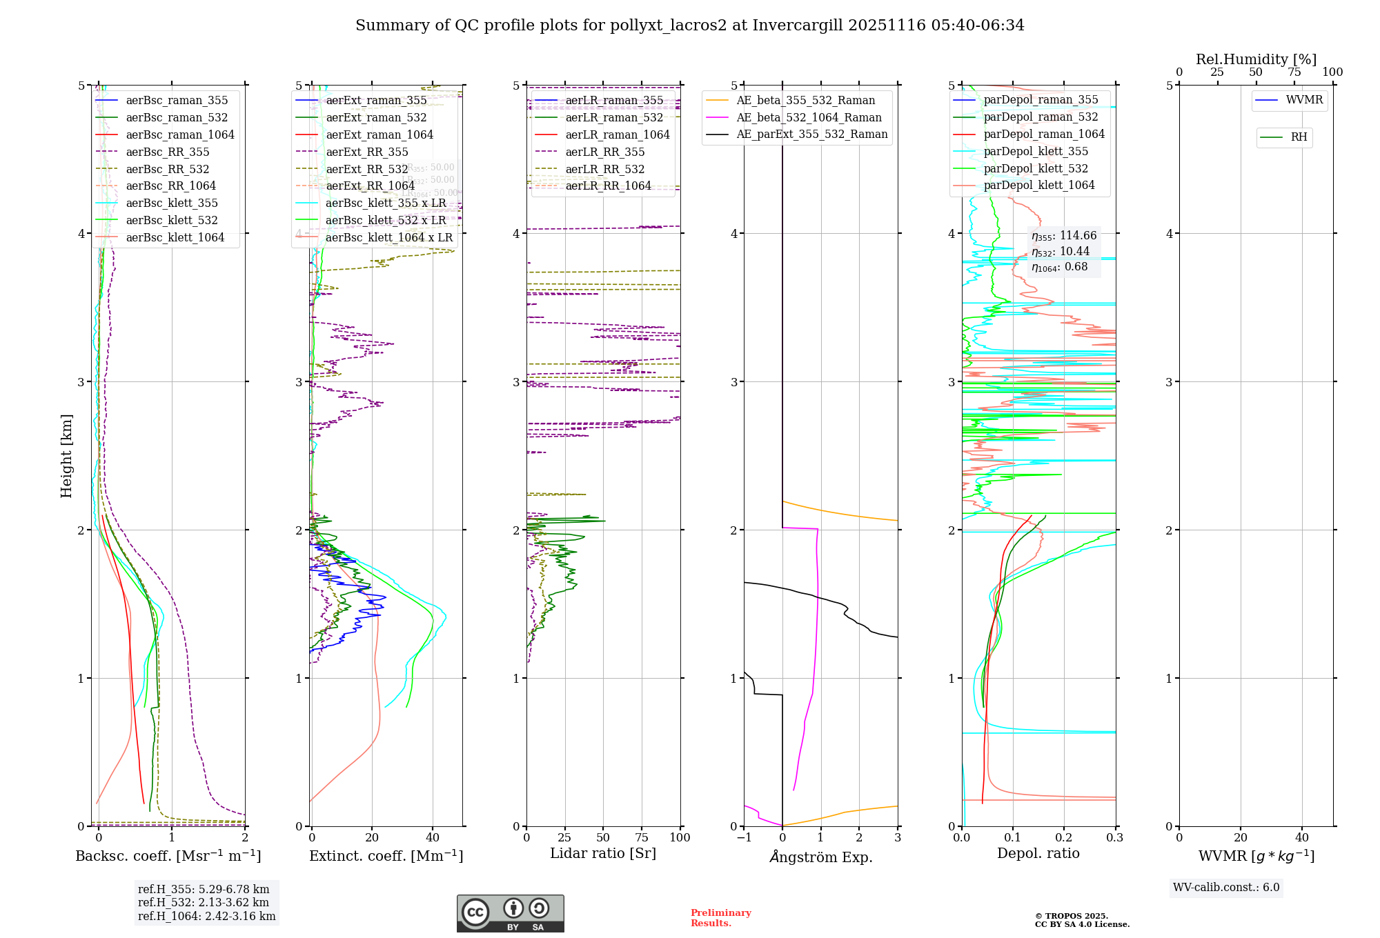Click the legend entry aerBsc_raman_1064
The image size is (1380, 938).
click(x=180, y=134)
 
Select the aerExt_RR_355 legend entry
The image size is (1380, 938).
click(x=366, y=152)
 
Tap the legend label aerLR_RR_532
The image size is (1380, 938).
click(x=604, y=169)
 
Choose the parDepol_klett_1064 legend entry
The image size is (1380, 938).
click(x=1038, y=185)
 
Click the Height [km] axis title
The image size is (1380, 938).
click(x=66, y=455)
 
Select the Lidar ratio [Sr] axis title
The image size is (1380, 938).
click(x=602, y=853)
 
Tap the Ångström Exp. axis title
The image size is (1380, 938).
click(x=820, y=857)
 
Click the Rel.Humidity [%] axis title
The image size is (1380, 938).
click(x=1256, y=59)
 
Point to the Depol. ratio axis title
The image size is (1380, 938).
click(x=1038, y=853)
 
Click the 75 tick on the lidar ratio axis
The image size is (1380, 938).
click(x=642, y=837)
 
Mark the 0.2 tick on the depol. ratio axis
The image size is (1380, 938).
click(x=1064, y=837)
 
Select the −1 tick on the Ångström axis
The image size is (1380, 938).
click(x=744, y=837)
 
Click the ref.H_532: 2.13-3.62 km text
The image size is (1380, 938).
click(x=203, y=902)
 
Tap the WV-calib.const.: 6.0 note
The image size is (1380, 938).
click(x=1226, y=888)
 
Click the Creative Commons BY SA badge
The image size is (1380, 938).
click(x=510, y=913)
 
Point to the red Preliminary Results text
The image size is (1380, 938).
click(x=720, y=918)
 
